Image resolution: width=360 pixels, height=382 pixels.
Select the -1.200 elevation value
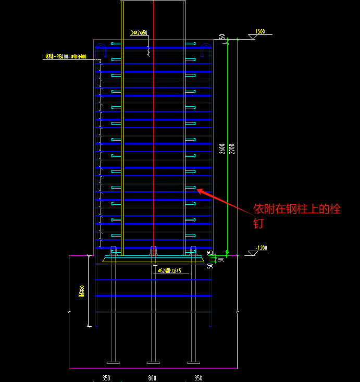pos(260,248)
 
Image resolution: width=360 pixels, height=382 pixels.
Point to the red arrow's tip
pos(197,190)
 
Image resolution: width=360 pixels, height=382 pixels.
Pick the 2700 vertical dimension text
pos(232,149)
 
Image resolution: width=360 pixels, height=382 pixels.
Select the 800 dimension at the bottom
pos(152,378)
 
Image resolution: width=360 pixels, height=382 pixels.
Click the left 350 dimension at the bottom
pos(106,378)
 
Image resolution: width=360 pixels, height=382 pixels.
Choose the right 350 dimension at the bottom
pos(198,378)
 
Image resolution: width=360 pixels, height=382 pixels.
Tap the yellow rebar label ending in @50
pos(139,33)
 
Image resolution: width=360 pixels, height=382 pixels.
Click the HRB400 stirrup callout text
pos(66,56)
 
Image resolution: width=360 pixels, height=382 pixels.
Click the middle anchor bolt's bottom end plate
pos(152,362)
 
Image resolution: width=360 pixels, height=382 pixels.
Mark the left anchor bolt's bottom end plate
pos(113,362)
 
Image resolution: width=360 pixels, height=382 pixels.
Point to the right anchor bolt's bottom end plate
pos(193,362)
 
